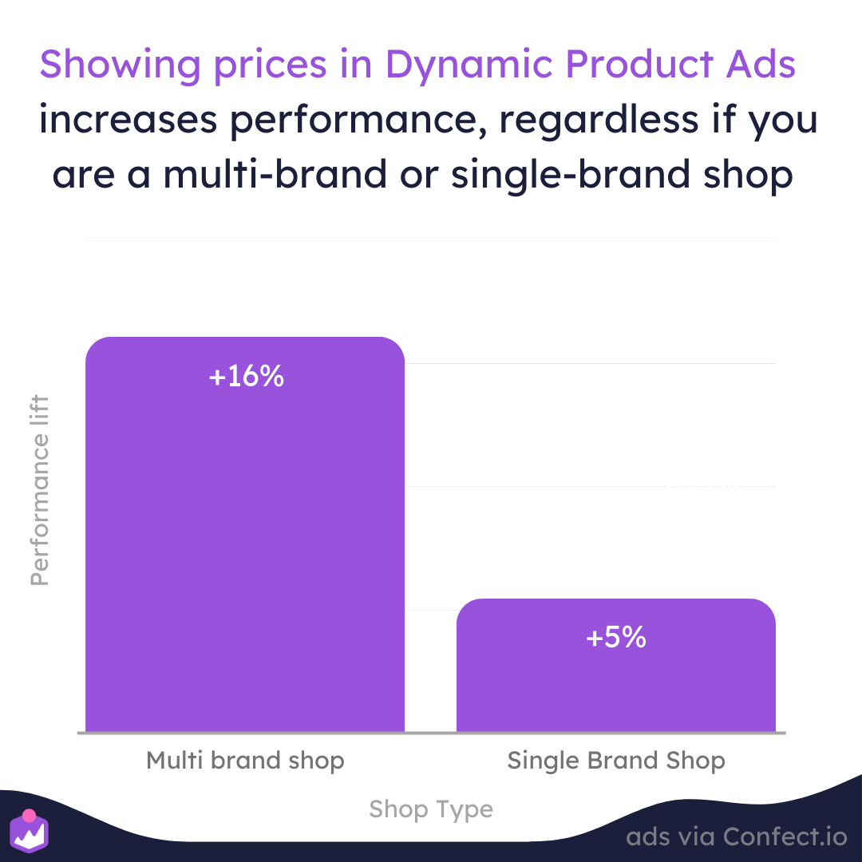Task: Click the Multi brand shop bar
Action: click(245, 534)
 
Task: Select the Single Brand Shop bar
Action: click(615, 665)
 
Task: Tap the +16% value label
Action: click(247, 377)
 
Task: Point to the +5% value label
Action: click(615, 638)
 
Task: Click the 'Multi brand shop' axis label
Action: click(245, 761)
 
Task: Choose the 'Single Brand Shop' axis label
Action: click(616, 761)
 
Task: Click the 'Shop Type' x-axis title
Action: click(431, 810)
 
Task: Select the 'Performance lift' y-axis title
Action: click(40, 490)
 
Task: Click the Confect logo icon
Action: click(30, 831)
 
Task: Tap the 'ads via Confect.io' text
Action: click(737, 836)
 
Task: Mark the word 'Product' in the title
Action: click(639, 65)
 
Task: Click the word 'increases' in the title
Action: click(128, 120)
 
